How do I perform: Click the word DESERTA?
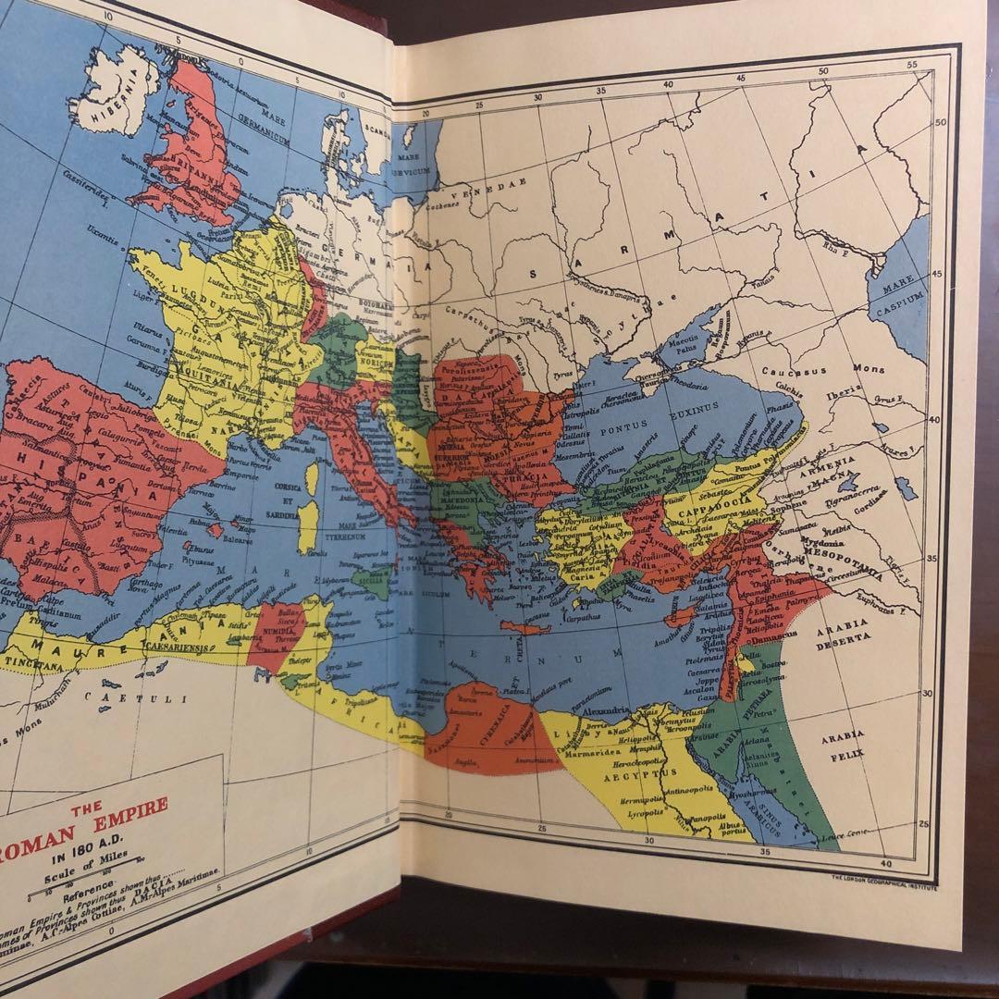pyautogui.click(x=842, y=638)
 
